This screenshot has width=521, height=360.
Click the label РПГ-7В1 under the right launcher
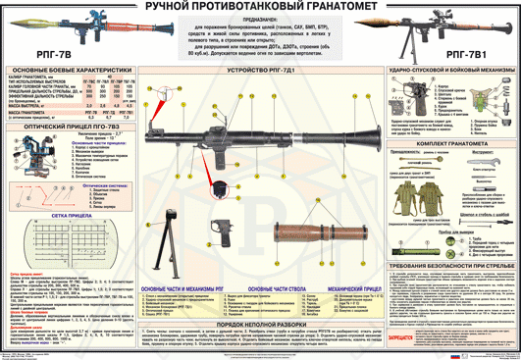pyautogui.click(x=475, y=58)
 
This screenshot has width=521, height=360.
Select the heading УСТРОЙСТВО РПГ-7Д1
pyautogui.click(x=259, y=72)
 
